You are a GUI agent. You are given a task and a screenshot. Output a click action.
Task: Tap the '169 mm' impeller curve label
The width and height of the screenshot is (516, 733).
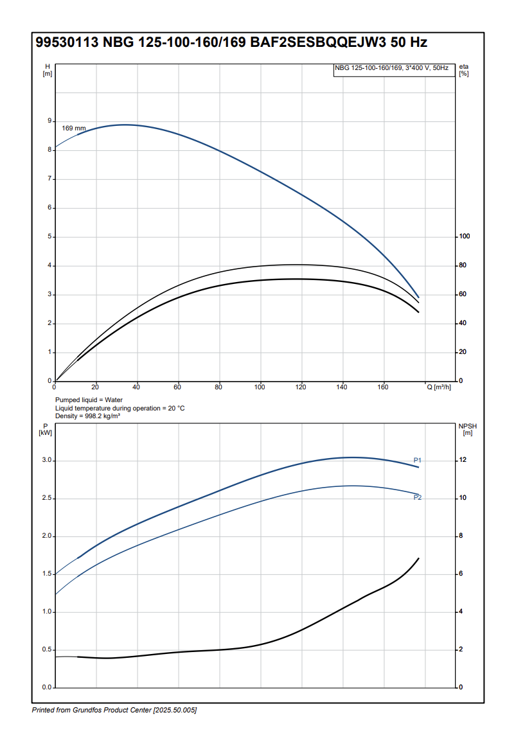point(73,128)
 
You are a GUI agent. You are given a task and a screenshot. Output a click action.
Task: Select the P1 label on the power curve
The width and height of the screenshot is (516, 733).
point(417,460)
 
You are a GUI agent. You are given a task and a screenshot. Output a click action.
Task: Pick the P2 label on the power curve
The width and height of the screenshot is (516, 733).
point(417,497)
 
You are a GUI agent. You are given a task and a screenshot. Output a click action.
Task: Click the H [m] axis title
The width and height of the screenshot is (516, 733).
point(47,70)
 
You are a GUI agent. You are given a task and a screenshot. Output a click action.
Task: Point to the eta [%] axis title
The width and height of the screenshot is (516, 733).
point(464,70)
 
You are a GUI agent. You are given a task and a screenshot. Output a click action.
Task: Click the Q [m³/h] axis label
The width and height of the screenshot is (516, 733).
point(440,387)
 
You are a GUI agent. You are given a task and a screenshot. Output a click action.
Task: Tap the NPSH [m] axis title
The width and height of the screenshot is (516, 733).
point(467,429)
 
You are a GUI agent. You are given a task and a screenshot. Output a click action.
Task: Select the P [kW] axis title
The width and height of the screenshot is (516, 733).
point(46,429)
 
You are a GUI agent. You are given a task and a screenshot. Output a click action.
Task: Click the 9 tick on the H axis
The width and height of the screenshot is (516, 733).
point(49,121)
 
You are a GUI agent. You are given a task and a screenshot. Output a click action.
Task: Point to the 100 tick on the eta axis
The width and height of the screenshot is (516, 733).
point(464,236)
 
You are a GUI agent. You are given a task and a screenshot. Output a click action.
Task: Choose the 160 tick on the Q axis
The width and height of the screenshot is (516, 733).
point(383,387)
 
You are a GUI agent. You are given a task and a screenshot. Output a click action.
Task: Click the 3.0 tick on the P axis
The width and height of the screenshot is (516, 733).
point(46,461)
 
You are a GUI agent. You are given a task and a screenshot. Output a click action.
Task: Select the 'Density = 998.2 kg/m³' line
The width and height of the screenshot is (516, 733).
point(88,416)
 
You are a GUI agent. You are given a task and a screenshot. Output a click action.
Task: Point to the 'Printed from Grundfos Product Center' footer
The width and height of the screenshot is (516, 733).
point(114,710)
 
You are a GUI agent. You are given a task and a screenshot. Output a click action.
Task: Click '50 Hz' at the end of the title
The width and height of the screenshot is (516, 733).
point(409,43)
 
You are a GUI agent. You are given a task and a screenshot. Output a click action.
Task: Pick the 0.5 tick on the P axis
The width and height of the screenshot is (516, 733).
point(46,650)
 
